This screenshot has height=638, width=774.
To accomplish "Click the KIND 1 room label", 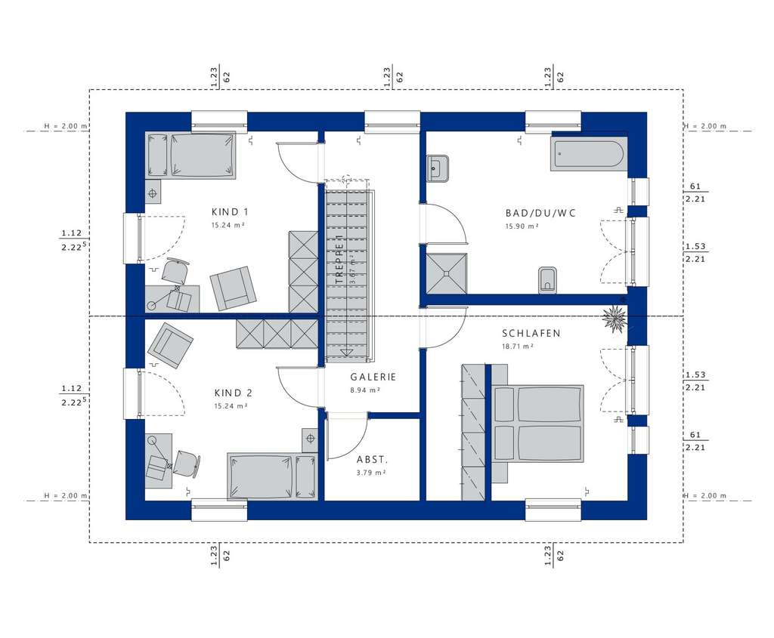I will [231, 212].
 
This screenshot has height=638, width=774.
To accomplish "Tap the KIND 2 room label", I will [233, 393].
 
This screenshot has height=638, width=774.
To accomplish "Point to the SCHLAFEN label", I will [531, 333].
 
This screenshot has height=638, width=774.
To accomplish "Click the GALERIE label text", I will [373, 377].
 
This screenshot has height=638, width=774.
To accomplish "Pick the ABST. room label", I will [372, 459].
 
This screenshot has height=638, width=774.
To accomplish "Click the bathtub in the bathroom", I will [588, 155].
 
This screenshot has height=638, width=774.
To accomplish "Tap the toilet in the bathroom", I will [548, 280].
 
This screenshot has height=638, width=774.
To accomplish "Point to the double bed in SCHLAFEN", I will [538, 423].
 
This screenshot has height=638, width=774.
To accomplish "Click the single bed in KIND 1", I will [190, 156].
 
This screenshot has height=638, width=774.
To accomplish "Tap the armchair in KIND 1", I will [234, 288].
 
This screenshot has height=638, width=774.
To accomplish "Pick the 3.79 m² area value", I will [371, 473].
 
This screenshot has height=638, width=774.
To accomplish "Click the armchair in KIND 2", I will [171, 345].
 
